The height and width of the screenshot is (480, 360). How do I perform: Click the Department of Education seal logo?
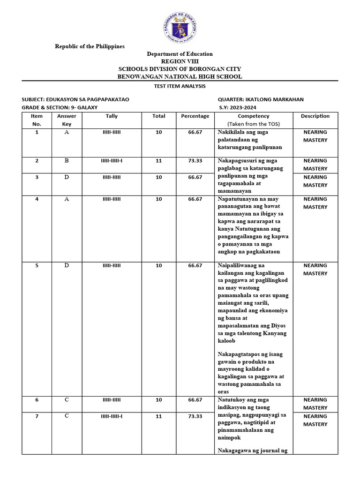[x=180, y=27]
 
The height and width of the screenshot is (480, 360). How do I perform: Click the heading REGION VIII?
[x=180, y=61]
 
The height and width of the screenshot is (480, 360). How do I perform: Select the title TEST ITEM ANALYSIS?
[x=180, y=86]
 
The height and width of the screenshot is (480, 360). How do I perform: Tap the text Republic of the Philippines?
[x=90, y=46]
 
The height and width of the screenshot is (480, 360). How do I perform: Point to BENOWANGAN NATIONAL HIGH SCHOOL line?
[x=180, y=76]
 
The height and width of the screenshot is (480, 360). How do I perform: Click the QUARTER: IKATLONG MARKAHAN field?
[x=261, y=99]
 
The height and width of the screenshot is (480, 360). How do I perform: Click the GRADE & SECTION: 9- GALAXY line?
[x=60, y=107]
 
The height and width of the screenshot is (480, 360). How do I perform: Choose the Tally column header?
[x=112, y=116]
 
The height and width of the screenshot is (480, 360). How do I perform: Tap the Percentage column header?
[x=195, y=116]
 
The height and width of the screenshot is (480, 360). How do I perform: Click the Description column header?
[x=315, y=116]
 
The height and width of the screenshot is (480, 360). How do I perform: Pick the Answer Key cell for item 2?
[x=67, y=161]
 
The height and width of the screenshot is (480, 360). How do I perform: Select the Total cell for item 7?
[x=158, y=416]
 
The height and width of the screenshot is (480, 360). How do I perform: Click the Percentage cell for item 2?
[x=195, y=161]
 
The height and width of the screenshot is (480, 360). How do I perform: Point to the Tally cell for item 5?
[x=112, y=266]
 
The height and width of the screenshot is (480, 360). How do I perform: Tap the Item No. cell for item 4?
[x=37, y=199]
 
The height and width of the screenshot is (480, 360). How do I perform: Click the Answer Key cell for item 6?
[x=67, y=400]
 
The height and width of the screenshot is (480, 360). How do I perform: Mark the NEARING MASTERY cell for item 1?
[x=315, y=136]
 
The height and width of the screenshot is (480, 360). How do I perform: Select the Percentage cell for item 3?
[x=195, y=177]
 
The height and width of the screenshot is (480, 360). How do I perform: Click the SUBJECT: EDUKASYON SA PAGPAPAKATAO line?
[x=75, y=99]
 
